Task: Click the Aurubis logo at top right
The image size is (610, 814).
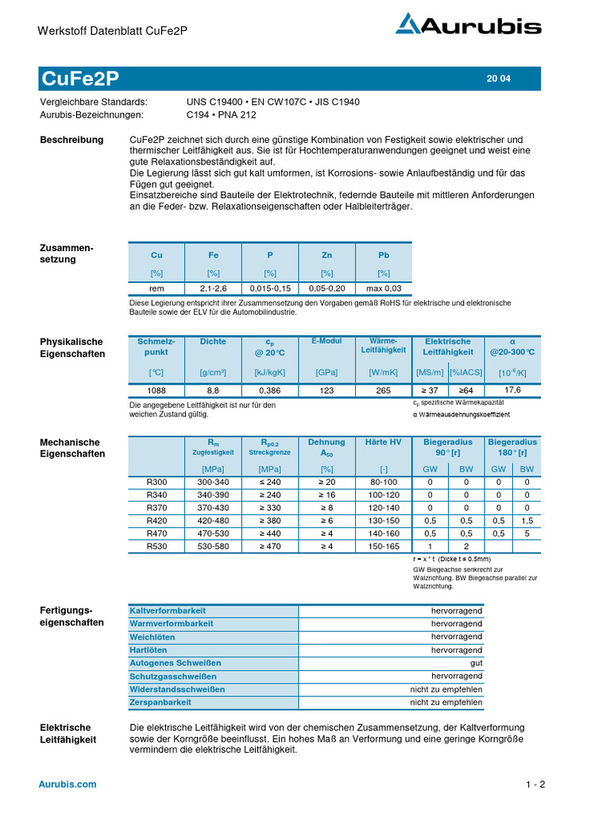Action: point(469,26)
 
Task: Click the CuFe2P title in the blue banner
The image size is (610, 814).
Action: point(79,78)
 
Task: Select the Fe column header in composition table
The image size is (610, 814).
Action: point(213,255)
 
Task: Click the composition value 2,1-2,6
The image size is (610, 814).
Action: point(213,289)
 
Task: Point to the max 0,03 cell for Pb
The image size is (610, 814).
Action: point(384,289)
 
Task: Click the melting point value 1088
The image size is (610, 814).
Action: point(156,390)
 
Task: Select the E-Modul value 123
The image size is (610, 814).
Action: point(327,390)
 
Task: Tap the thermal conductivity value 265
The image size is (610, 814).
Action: point(384,390)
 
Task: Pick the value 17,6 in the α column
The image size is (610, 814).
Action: point(512,390)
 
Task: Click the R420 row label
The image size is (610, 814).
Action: point(156,521)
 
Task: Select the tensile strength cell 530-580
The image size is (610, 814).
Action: point(213,546)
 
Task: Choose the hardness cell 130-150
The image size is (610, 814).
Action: point(384,521)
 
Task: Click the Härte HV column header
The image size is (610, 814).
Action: point(384,442)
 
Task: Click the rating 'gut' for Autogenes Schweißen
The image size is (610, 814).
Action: point(476,663)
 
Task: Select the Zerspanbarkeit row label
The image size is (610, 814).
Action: point(160,703)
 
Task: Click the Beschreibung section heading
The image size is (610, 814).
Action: point(71,140)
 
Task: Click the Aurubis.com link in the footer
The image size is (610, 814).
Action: point(68,784)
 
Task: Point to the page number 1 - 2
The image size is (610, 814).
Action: point(535,785)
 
